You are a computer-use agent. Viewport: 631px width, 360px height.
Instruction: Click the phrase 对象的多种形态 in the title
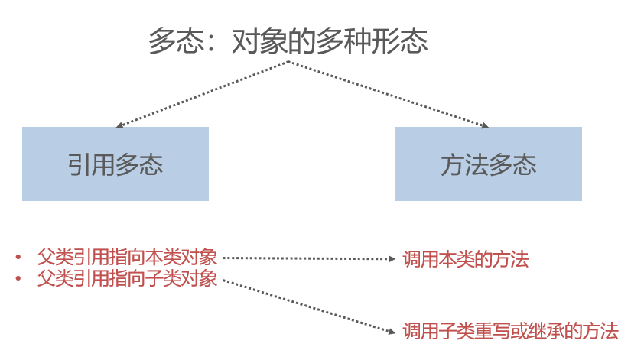point(329,41)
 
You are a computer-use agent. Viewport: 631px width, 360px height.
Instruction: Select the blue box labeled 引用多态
point(115,164)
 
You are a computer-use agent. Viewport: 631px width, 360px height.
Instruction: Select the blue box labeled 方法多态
point(488,164)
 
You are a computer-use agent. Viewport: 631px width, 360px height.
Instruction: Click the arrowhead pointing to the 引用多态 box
point(119,125)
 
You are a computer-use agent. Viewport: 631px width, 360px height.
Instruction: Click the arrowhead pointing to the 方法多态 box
point(483,125)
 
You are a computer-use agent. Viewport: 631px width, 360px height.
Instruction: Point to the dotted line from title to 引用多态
point(203,93)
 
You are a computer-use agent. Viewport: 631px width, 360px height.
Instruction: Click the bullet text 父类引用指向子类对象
point(128,278)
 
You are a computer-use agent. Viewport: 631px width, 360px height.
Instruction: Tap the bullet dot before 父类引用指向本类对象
point(18,257)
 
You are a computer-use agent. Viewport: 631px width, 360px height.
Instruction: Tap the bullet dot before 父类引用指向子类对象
point(18,279)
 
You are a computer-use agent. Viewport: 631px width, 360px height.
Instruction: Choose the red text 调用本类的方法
point(465,259)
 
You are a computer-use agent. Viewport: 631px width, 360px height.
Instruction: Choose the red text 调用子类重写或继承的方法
point(510,331)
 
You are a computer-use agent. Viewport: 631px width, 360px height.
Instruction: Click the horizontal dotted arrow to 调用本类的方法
point(306,258)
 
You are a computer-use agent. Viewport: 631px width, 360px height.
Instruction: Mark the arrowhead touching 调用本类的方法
point(392,258)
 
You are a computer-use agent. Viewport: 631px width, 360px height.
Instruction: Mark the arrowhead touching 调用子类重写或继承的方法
point(392,329)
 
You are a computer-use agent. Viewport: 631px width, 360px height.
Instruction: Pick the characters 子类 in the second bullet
point(163,278)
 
